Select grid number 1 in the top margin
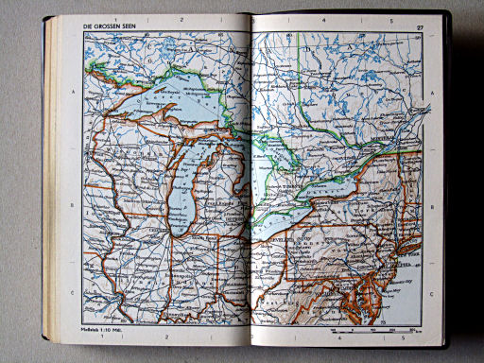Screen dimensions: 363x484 (x=114, y=19)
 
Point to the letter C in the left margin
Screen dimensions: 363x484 (x=73, y=295)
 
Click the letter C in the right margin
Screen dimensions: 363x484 (x=430, y=293)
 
